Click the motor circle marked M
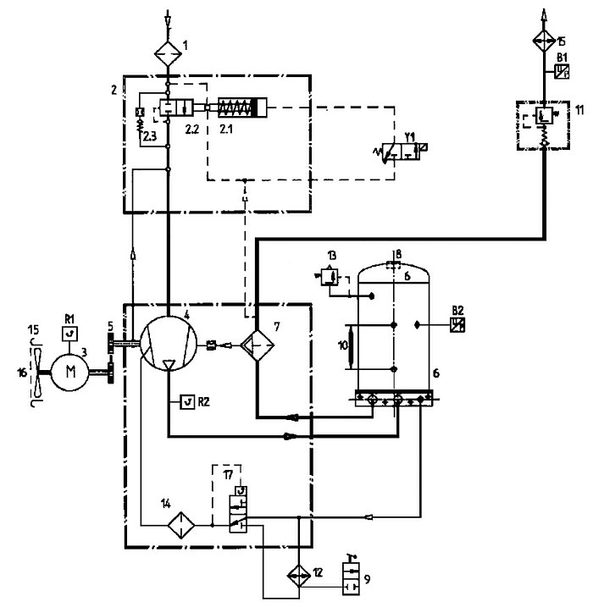[x=71, y=372]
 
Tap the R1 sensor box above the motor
[x=70, y=334]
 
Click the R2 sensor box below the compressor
[x=188, y=402]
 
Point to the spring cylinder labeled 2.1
[x=242, y=107]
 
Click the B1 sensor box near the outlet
[x=562, y=71]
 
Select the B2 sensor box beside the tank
[x=457, y=324]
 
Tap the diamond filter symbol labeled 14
[x=181, y=525]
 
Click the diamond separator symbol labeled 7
[x=257, y=345]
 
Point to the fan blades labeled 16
[x=38, y=372]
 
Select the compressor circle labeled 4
[x=169, y=343]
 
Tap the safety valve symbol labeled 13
[x=328, y=277]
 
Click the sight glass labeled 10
[x=351, y=346]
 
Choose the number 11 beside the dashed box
[x=579, y=110]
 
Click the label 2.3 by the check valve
[x=149, y=136]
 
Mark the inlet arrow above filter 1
[x=168, y=19]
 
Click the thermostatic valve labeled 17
[x=238, y=509]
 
